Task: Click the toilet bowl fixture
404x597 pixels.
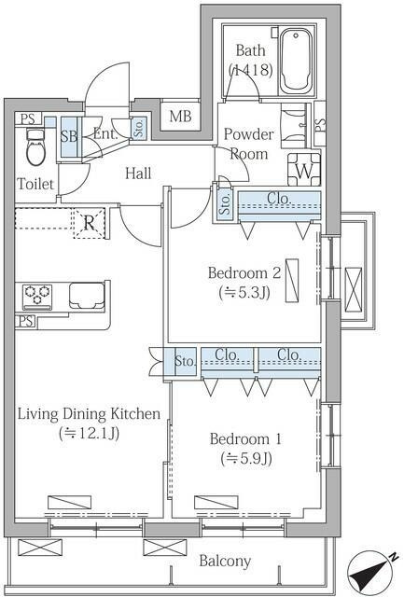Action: click(35, 147)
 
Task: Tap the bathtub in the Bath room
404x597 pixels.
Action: click(296, 61)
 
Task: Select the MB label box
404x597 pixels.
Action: click(180, 116)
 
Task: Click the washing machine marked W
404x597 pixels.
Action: click(304, 170)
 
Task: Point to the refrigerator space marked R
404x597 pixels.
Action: click(89, 223)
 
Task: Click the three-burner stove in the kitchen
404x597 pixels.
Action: click(37, 297)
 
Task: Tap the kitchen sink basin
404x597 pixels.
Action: click(87, 296)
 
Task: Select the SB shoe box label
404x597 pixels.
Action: click(69, 136)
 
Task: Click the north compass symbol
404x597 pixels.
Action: click(372, 572)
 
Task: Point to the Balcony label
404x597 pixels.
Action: click(225, 561)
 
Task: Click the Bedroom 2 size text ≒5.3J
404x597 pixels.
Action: click(244, 292)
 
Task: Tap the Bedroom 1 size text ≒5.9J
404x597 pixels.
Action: click(246, 458)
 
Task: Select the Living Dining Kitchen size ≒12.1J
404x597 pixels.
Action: click(89, 433)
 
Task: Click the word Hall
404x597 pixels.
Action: click(138, 174)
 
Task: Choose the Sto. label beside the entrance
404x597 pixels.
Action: click(139, 128)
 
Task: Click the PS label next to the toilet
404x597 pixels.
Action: click(27, 118)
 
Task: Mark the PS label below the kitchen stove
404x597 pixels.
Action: click(25, 321)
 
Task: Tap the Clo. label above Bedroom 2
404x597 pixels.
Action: click(279, 198)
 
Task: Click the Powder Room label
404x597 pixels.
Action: click(248, 144)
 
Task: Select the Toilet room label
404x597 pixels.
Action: click(35, 185)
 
